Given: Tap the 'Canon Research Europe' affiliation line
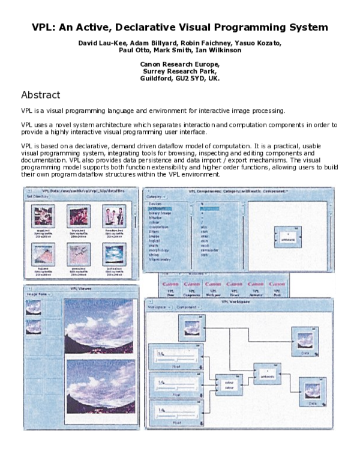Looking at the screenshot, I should pos(180,64).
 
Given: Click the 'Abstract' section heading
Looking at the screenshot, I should pos(40,95).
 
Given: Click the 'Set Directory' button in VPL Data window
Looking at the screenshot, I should pos(37,196).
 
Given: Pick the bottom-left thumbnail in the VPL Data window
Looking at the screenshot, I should pos(43,253).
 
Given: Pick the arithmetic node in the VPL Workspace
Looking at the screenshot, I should pos(266,374).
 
